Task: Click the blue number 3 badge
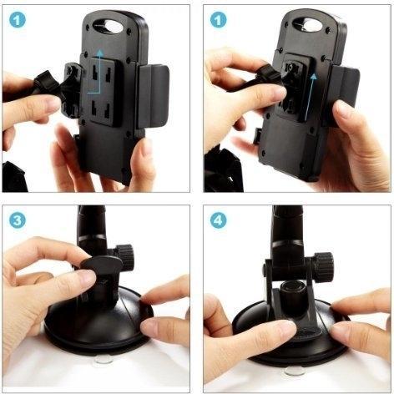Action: tap(18, 220)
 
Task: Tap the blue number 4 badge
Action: tap(218, 220)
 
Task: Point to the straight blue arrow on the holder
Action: tap(310, 98)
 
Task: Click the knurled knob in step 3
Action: tap(125, 257)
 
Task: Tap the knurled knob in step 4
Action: tap(324, 266)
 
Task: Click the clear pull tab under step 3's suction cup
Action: tap(104, 360)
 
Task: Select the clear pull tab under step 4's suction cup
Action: tap(295, 371)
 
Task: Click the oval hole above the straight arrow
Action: tap(308, 25)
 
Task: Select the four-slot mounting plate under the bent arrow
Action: tap(104, 93)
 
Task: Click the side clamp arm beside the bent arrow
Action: tap(154, 97)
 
